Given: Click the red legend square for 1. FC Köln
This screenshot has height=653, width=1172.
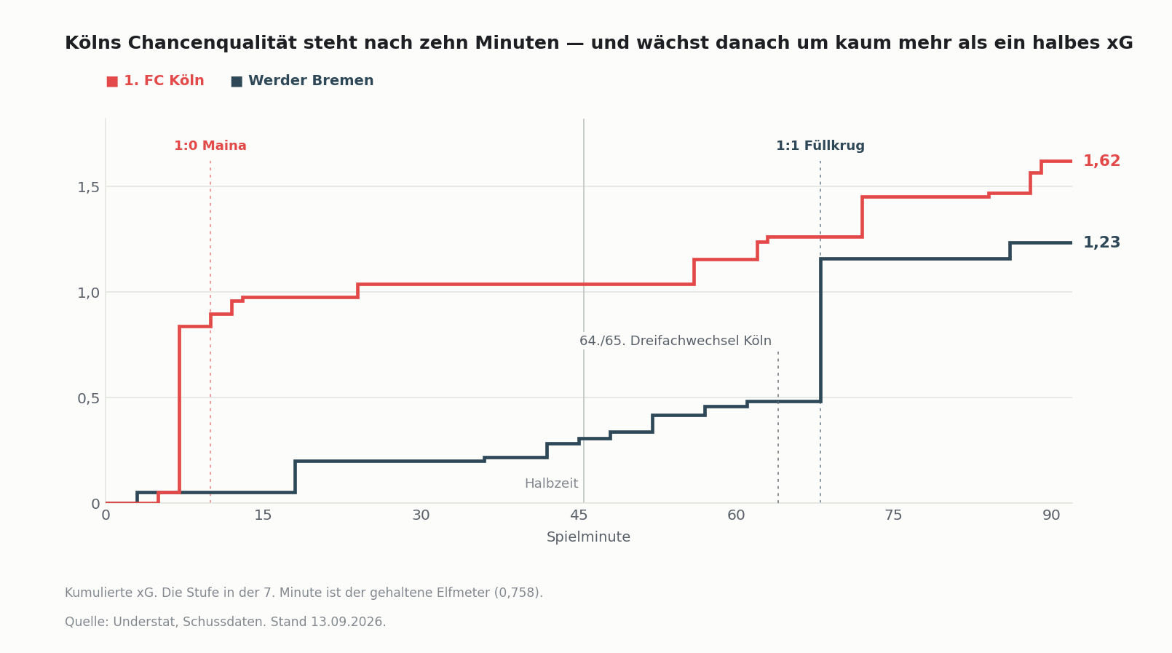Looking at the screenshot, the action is (x=112, y=82).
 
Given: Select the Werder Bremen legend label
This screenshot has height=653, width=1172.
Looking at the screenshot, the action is (x=311, y=81).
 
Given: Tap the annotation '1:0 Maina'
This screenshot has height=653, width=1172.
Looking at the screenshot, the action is (x=210, y=146).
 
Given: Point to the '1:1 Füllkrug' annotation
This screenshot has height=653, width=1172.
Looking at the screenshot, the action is (x=820, y=146).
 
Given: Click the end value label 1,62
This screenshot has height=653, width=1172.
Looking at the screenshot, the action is (x=1101, y=161).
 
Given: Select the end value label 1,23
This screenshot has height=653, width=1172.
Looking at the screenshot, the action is (x=1101, y=243).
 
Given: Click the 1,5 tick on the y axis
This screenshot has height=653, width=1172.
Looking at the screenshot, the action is (x=88, y=187).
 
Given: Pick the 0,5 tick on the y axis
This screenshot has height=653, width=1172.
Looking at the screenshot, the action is (x=88, y=398).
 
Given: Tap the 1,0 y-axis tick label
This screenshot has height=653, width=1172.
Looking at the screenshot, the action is (x=88, y=293).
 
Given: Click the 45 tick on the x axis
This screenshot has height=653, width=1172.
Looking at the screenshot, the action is (x=579, y=515).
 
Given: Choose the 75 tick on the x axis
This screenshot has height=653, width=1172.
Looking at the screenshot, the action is (x=893, y=515).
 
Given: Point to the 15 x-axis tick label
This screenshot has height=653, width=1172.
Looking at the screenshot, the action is (x=264, y=515).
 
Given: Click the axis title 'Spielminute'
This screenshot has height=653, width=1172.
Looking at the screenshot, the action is (x=588, y=537).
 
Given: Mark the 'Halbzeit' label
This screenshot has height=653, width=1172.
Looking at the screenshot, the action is (x=552, y=483).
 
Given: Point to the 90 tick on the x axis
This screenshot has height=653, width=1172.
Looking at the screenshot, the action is (x=1051, y=515).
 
